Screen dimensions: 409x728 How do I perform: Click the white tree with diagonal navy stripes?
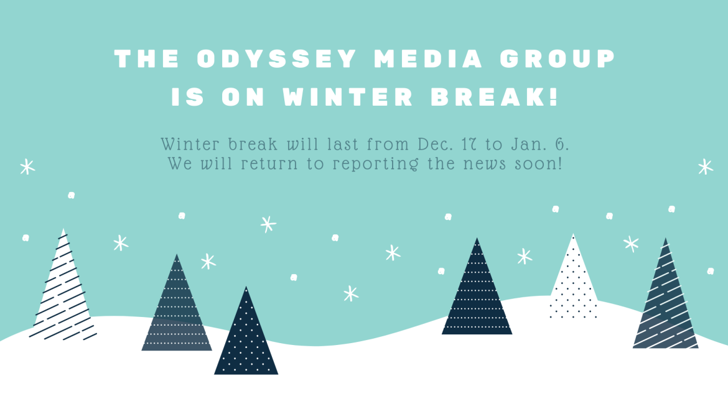click(62, 289)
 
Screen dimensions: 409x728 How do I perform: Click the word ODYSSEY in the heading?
click(277, 59)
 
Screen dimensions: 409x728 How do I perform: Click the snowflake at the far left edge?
click(27, 167)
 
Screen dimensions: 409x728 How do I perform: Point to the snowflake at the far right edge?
click(705, 167)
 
